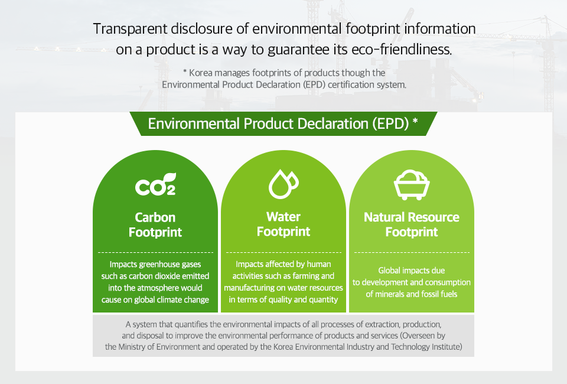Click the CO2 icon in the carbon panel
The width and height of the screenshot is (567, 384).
[155, 184]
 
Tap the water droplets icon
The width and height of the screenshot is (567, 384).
[283, 184]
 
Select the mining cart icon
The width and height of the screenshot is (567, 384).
[412, 184]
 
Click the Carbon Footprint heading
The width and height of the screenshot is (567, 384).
[155, 224]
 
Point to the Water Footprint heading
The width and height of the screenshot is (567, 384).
[283, 224]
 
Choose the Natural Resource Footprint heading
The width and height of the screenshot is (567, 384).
[412, 224]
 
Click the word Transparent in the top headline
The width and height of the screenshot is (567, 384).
[130, 30]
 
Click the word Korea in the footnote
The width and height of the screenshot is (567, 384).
[201, 73]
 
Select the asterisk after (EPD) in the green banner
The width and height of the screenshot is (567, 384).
[415, 121]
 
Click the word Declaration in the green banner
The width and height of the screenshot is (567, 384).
[333, 123]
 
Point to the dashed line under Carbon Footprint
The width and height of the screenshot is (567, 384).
[155, 252]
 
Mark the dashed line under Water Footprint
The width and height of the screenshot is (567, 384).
[283, 252]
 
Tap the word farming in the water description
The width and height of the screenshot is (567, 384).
[306, 276]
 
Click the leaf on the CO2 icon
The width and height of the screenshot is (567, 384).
[170, 177]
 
